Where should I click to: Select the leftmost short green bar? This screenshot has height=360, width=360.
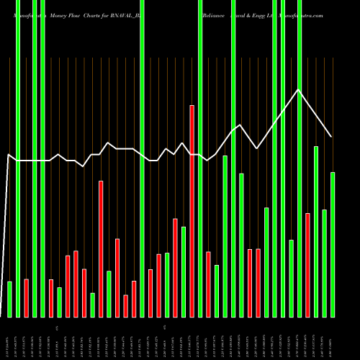(9, 299)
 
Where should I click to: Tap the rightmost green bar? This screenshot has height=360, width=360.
(333, 245)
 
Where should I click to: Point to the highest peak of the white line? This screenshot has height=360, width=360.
(299, 89)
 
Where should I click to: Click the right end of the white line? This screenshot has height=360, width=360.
(331, 136)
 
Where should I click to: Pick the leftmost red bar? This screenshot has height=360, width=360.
(26, 298)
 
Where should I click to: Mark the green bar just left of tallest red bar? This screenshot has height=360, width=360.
(184, 271)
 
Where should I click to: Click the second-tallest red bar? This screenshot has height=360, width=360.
(101, 248)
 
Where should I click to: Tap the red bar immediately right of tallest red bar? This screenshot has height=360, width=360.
(209, 284)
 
